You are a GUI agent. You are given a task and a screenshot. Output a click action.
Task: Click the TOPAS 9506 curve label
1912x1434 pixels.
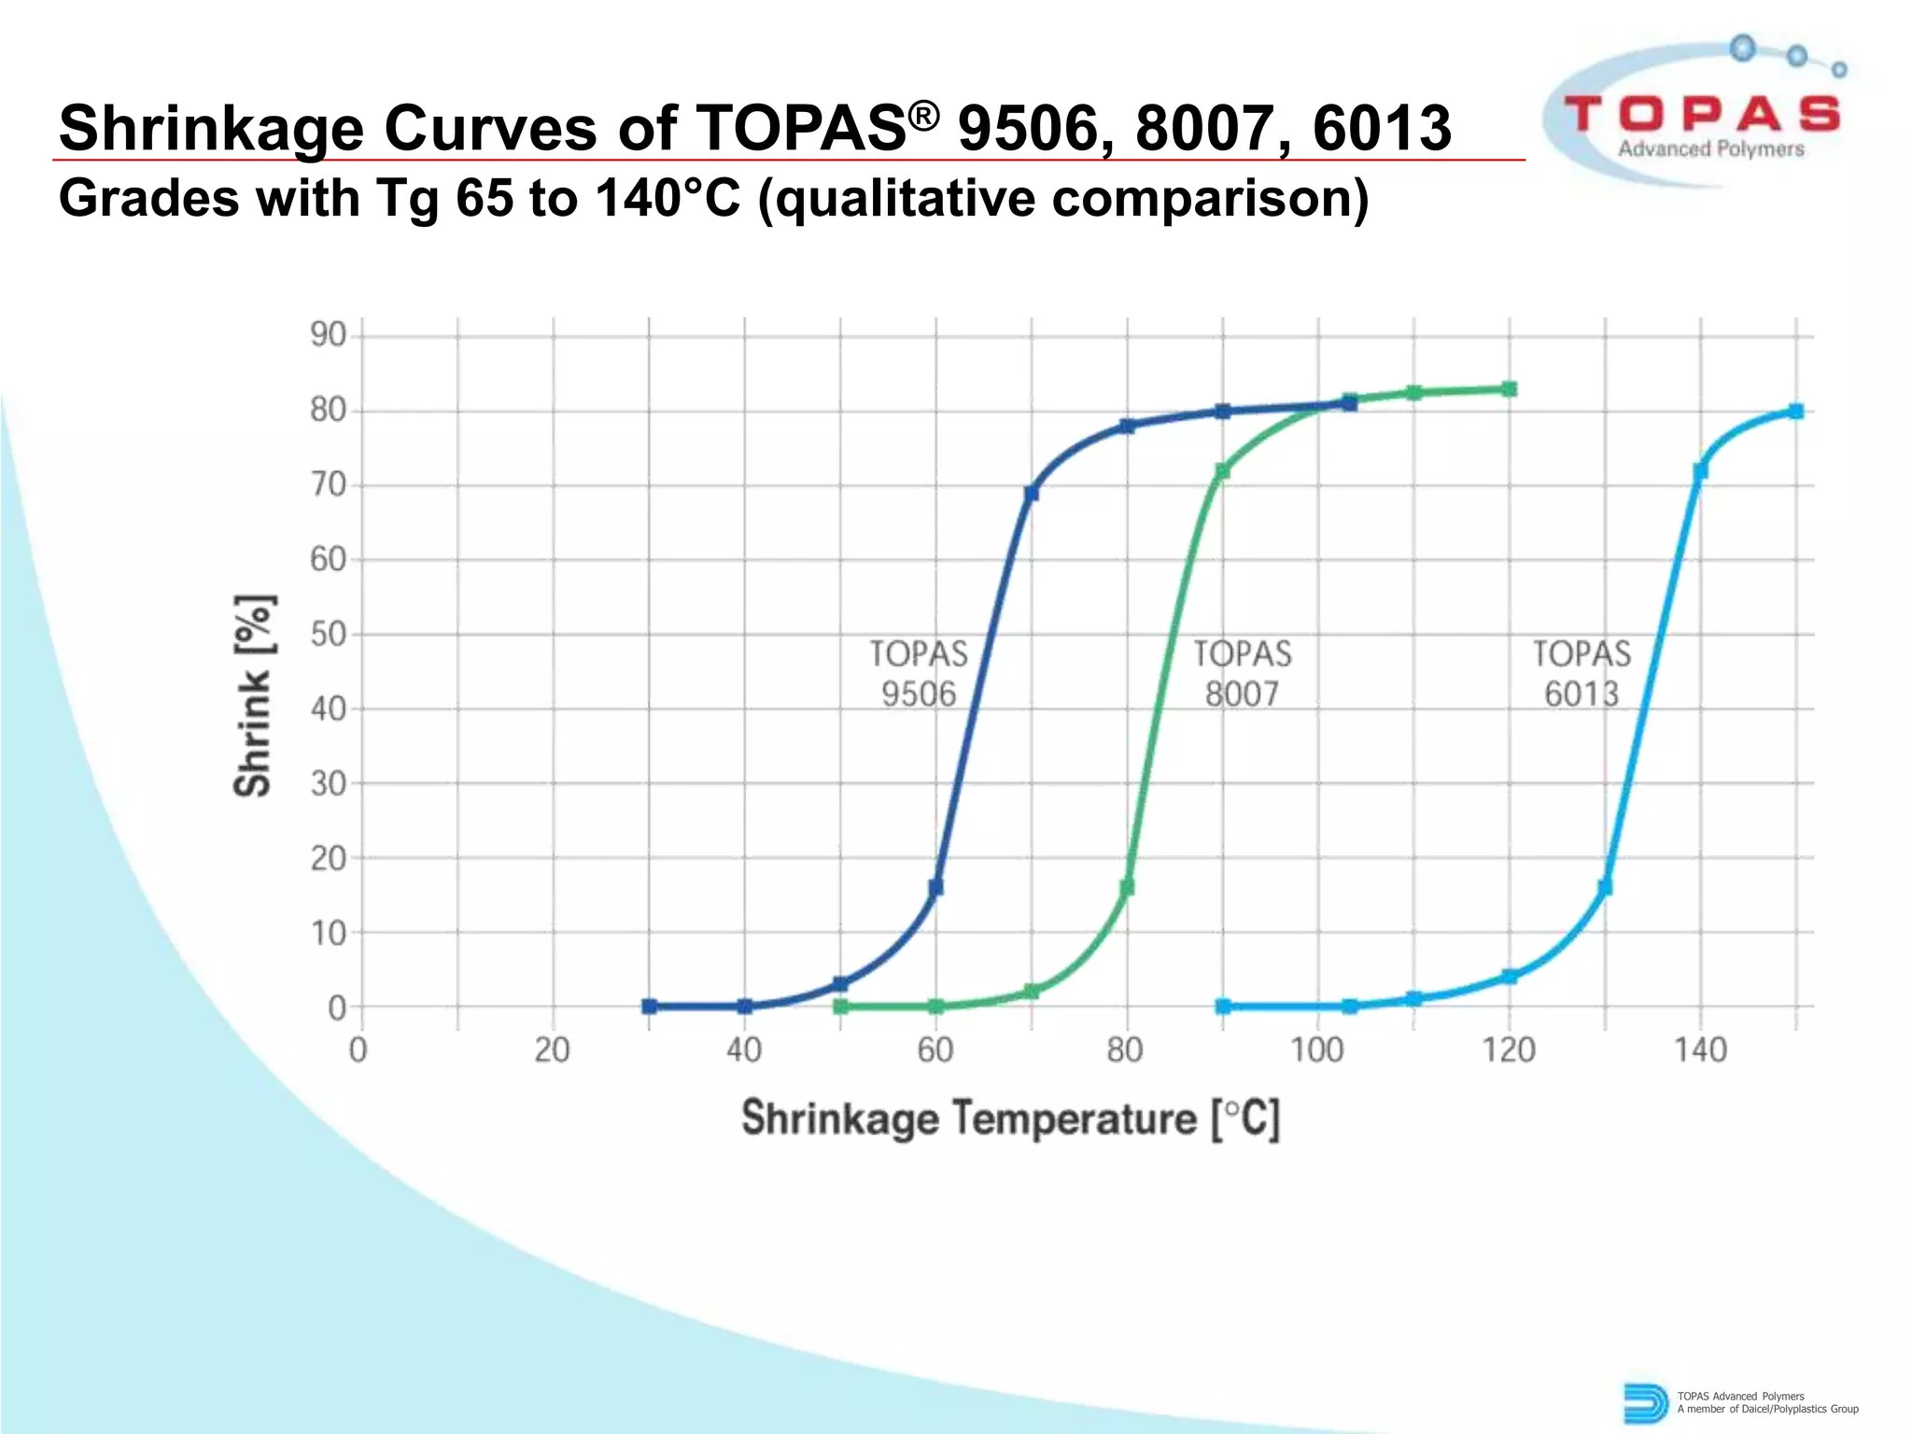919,673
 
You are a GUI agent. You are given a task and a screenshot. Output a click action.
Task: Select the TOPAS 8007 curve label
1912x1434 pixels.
1243,673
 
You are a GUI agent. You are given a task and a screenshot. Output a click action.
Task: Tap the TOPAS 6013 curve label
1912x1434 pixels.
1582,673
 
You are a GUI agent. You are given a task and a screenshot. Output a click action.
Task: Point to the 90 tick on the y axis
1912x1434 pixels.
329,335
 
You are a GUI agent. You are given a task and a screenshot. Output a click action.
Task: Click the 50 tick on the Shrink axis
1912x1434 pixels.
329,634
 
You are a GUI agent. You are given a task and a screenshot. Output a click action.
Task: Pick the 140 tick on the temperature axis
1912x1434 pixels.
1700,1050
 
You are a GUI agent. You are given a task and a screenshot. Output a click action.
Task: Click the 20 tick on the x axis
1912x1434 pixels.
552,1050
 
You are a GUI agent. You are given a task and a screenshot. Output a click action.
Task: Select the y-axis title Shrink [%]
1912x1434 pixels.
253,695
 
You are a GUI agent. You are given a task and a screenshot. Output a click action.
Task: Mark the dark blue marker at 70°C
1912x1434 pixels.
1032,493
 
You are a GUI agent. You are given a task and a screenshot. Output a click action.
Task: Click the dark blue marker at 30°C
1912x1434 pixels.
650,1006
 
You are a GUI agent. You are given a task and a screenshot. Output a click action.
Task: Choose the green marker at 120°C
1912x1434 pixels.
1510,389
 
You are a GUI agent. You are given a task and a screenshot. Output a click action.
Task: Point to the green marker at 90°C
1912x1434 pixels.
1223,471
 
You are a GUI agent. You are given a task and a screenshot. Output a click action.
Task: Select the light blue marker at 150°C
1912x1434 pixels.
1796,412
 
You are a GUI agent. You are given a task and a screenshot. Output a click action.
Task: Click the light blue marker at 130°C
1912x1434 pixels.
1605,887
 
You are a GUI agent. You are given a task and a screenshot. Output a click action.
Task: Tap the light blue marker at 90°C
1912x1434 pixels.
1223,1006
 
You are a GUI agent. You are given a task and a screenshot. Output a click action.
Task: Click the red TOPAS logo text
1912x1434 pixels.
1702,115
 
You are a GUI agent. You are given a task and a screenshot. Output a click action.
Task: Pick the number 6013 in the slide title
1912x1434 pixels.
1382,128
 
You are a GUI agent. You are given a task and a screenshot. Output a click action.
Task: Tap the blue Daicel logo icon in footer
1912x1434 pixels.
1644,1403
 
